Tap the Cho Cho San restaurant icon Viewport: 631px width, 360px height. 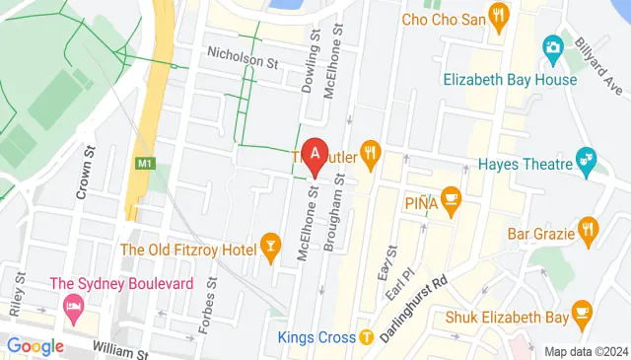click(499, 17)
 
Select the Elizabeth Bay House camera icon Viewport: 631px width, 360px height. click(553, 46)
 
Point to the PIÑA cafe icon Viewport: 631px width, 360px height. click(452, 200)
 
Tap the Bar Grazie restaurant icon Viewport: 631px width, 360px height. click(588, 231)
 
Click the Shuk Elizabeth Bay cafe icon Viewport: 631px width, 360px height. click(581, 312)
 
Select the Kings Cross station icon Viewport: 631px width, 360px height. click(367, 337)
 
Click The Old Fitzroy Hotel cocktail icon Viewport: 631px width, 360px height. click(269, 248)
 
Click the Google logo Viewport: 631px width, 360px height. click(35, 346)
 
